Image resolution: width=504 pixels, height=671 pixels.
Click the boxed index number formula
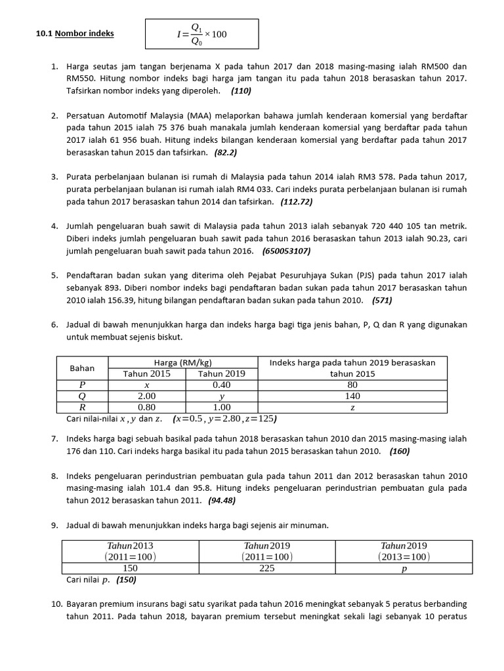click(202, 33)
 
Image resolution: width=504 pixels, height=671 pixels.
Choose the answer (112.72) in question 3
click(297, 201)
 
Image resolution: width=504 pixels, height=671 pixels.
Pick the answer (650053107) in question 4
click(286, 250)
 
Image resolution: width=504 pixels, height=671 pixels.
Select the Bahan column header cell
click(82, 368)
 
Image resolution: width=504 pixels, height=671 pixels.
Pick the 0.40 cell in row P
click(221, 385)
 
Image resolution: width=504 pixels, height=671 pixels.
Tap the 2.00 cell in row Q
click(146, 396)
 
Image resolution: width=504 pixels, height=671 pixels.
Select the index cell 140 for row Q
click(352, 396)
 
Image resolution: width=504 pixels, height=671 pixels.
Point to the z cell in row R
click(352, 407)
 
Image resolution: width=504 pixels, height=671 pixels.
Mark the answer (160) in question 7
click(400, 451)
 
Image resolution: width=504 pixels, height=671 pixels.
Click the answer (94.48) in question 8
click(222, 500)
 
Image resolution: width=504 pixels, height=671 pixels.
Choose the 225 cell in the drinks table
click(266, 568)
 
